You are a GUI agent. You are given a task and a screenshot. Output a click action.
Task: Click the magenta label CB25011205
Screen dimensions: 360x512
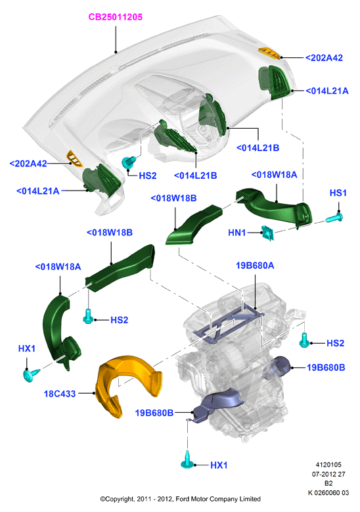coord(116,17)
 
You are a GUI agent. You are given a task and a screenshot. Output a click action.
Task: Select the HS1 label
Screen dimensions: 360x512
coord(338,193)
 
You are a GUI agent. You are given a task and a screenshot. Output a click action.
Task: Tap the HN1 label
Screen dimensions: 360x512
coord(237,233)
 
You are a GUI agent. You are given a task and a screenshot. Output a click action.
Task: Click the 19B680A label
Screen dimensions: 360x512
coord(255,266)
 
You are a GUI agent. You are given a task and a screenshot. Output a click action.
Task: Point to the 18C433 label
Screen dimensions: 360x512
coord(60,394)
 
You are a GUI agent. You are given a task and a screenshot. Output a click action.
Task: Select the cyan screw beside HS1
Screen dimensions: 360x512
coord(334,218)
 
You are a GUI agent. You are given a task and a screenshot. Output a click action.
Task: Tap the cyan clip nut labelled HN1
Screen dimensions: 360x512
coord(267,233)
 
